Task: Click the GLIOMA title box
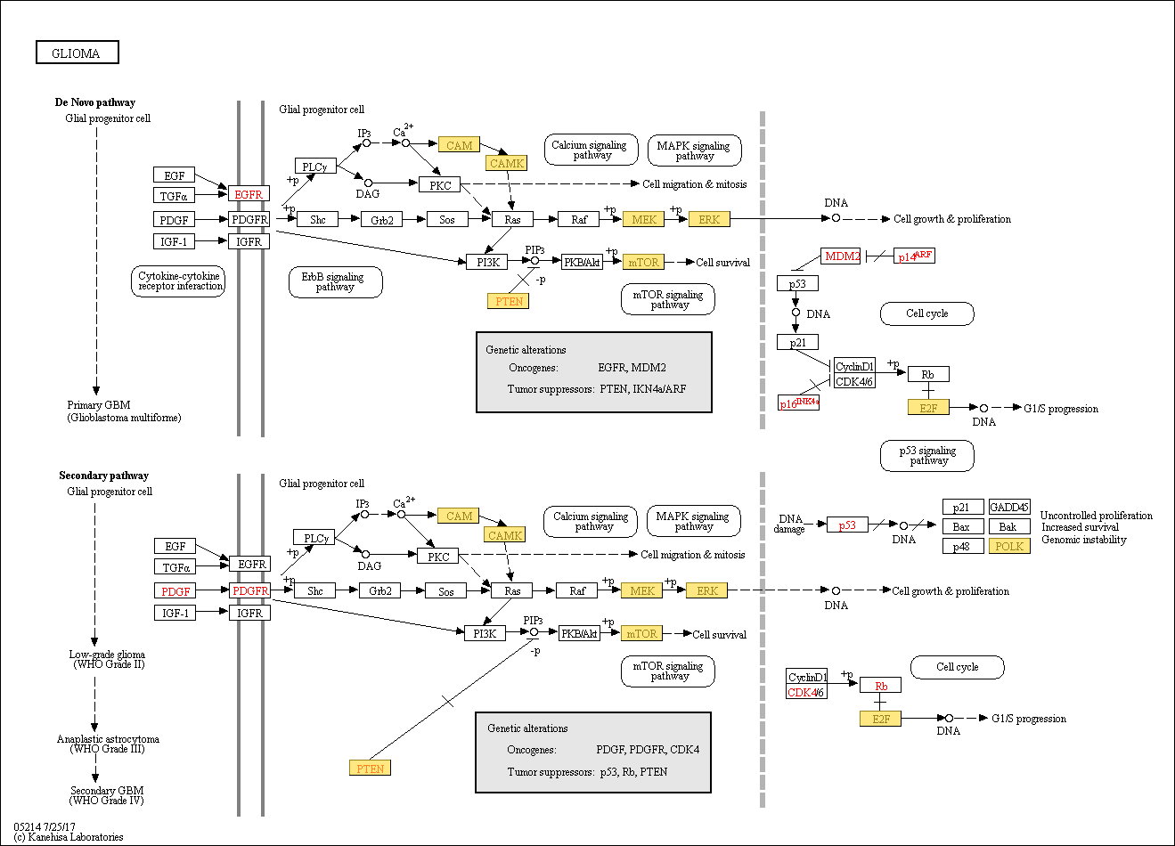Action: click(78, 53)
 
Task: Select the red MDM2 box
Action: click(840, 256)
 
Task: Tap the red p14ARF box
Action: click(914, 256)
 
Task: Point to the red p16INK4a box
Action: click(798, 403)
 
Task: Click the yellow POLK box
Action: click(1009, 546)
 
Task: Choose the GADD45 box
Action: click(1009, 507)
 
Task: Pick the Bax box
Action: click(963, 526)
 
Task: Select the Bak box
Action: click(1009, 526)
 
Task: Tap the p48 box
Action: click(963, 546)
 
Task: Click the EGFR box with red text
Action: click(249, 193)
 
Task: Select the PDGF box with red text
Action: click(175, 591)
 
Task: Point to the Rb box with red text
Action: click(881, 686)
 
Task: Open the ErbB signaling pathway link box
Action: click(335, 281)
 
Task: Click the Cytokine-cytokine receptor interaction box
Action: click(178, 281)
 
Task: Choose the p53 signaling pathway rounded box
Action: click(926, 455)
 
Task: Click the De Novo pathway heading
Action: click(95, 102)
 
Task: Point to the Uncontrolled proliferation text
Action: click(1097, 515)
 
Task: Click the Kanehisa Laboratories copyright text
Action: click(69, 837)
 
